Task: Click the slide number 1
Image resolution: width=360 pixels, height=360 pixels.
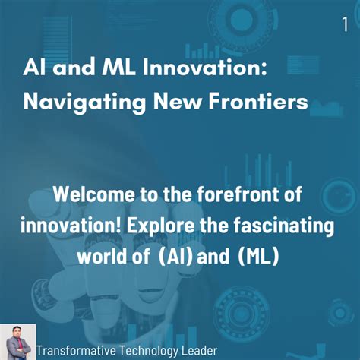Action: (345, 24)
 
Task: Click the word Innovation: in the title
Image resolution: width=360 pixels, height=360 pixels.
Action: (205, 68)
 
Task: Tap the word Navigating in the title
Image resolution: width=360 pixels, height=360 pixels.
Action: (84, 103)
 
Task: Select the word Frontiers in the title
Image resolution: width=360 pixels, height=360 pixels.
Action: (258, 101)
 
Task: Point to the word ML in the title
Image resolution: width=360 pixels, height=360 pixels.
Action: (118, 68)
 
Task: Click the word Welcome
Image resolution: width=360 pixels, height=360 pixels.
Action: (93, 194)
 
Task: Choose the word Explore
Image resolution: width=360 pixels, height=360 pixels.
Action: (161, 226)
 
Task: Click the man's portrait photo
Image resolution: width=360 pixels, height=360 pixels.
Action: (18, 342)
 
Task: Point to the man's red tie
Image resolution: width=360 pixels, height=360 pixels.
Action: (19, 344)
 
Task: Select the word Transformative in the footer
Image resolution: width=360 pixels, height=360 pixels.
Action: (76, 351)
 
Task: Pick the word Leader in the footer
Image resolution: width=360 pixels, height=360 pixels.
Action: (200, 351)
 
